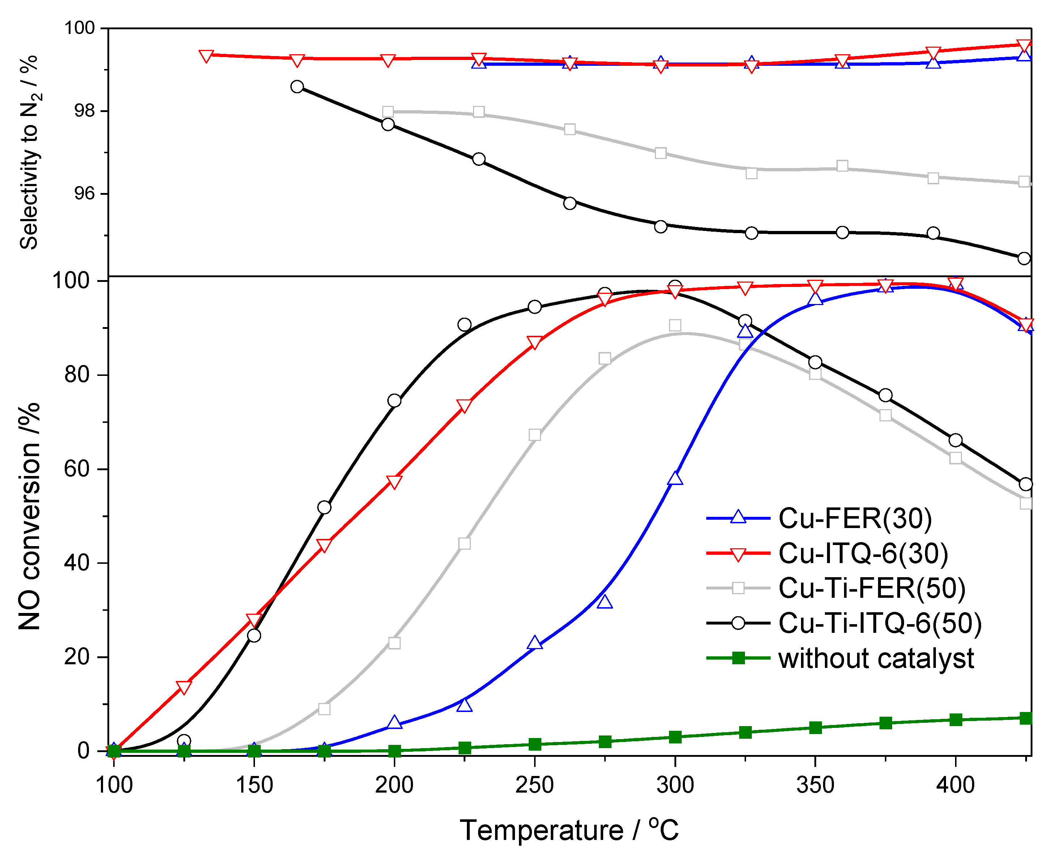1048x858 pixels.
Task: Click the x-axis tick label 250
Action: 534,785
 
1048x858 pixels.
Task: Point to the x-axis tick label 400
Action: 955,785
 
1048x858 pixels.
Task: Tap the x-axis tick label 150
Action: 254,785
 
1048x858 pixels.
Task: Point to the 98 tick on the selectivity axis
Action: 84,111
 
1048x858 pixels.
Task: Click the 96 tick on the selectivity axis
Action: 84,193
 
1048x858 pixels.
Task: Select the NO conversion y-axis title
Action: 29,516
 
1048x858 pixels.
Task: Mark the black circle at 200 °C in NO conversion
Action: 394,400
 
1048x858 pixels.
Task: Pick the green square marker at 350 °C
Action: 815,728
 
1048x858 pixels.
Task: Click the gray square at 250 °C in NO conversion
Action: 534,435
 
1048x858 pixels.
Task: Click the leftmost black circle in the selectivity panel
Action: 297,86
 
